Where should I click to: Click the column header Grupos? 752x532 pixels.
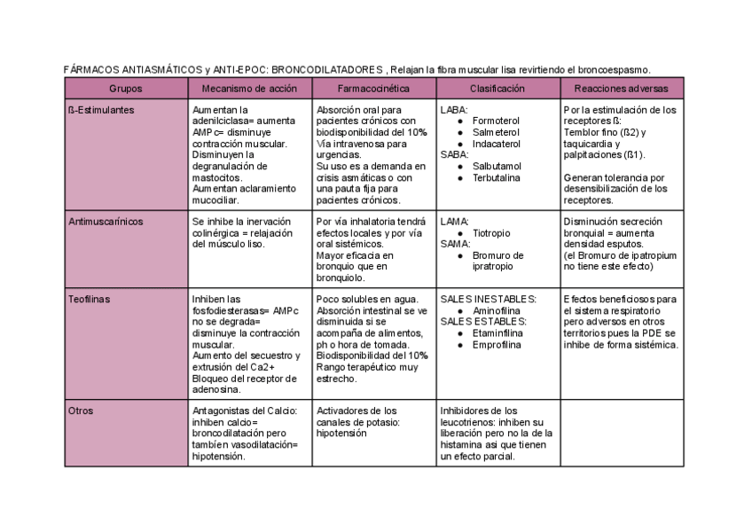click(126, 89)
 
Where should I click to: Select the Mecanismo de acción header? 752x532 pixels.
click(249, 89)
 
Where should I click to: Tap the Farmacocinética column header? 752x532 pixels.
click(373, 89)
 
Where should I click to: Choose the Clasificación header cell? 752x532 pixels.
click(497, 89)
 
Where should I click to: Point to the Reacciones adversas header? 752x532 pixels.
click(622, 89)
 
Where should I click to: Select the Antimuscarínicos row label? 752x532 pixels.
click(106, 222)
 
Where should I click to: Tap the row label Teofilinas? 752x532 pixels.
click(90, 300)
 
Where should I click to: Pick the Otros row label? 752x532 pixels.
click(81, 411)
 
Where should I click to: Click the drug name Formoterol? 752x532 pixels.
click(496, 121)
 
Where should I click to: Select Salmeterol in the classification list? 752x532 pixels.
click(496, 132)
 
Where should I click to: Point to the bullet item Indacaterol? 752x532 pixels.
click(497, 144)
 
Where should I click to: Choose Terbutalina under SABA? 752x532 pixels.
click(497, 177)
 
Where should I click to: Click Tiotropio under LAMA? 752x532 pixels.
click(491, 233)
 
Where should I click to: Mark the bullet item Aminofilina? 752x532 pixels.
click(497, 311)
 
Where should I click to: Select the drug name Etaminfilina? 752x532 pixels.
click(498, 333)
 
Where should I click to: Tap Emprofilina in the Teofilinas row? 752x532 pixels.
click(497, 345)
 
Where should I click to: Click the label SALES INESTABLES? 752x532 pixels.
click(489, 300)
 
